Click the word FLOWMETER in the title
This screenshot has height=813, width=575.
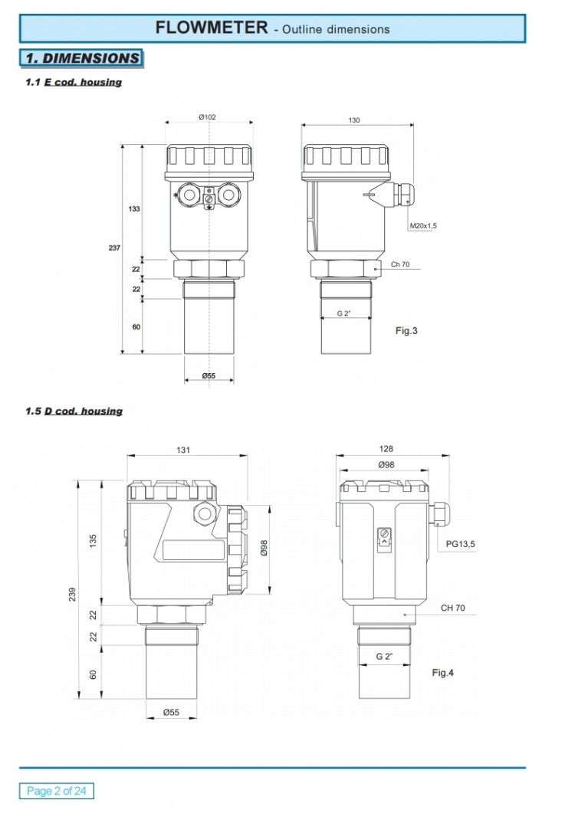point(212,28)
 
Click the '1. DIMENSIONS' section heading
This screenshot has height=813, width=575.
point(82,58)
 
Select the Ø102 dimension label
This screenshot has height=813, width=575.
point(207,117)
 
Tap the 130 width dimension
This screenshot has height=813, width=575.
point(354,120)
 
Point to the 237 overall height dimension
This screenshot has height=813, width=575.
point(114,248)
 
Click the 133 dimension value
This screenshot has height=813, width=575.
point(134,209)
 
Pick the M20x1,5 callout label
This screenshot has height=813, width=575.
point(423,226)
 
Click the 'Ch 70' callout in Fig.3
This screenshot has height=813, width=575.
point(400,264)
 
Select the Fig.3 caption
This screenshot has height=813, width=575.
point(406,331)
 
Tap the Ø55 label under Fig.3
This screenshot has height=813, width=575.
point(209,375)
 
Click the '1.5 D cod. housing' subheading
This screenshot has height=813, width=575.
point(74,411)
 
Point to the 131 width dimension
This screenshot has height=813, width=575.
point(183,450)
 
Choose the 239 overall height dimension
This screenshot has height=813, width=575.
point(72,594)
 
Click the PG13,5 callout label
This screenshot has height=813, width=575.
point(460,544)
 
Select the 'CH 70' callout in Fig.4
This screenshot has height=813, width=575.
point(453,608)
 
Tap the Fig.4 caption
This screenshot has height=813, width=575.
point(442,673)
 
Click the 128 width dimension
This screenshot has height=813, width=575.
point(386,449)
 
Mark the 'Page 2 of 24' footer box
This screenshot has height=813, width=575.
point(57,791)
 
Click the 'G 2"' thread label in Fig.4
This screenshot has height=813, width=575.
point(384,657)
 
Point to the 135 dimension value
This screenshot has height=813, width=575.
point(93,541)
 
